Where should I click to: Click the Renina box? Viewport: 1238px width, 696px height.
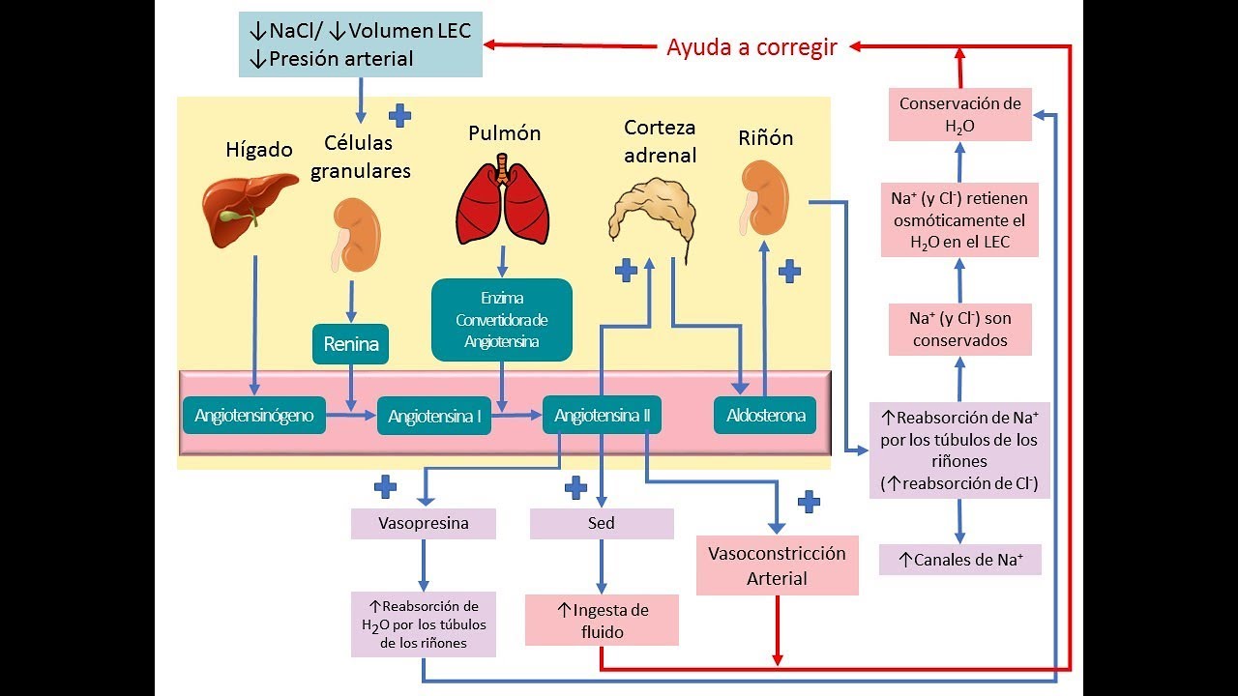pyautogui.click(x=350, y=344)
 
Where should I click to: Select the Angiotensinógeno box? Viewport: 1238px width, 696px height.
pyautogui.click(x=254, y=416)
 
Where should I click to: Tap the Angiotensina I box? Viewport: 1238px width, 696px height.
pyautogui.click(x=434, y=417)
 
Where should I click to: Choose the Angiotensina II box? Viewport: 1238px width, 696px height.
pyautogui.click(x=602, y=416)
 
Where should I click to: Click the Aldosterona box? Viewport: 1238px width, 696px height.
pyautogui.click(x=765, y=416)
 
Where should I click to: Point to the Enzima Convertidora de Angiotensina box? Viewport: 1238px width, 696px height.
pyautogui.click(x=501, y=320)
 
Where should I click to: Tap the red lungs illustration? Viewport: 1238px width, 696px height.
pyautogui.click(x=502, y=202)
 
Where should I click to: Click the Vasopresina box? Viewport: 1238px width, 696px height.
pyautogui.click(x=424, y=523)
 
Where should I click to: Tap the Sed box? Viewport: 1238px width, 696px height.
pyautogui.click(x=602, y=523)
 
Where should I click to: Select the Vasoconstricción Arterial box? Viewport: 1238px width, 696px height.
pyautogui.click(x=777, y=565)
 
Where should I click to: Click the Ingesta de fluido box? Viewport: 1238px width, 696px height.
pyautogui.click(x=602, y=621)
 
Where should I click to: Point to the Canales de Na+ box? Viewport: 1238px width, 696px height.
pyautogui.click(x=959, y=560)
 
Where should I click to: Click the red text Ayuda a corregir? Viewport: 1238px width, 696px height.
pyautogui.click(x=752, y=46)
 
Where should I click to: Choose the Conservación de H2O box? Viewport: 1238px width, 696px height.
pyautogui.click(x=959, y=114)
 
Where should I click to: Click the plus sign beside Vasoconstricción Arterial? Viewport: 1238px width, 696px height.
pyautogui.click(x=809, y=501)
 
